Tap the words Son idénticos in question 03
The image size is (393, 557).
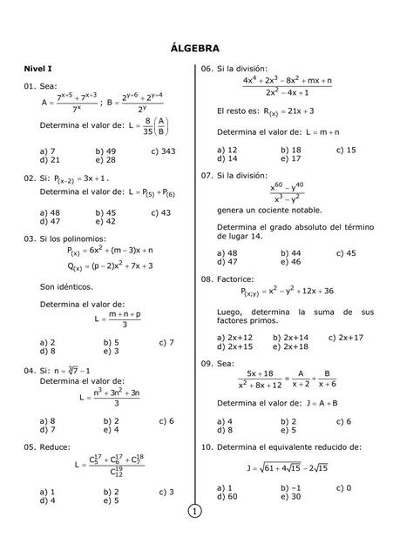(x=66, y=285)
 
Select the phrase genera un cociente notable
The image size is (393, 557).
(x=268, y=210)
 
